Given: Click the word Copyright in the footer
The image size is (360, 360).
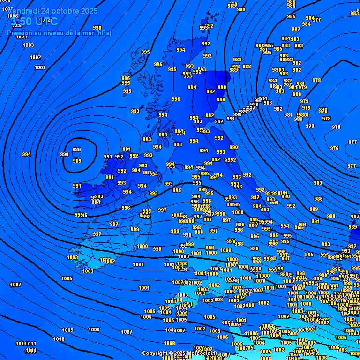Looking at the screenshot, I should coord(155,353).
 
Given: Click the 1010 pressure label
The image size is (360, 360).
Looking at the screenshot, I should coord(59,339).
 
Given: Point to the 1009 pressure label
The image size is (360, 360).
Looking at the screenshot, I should coord(68,330).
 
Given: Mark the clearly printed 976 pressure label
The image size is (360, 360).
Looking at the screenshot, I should coord(334,148).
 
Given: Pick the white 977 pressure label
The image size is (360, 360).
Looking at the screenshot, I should coord(352,166).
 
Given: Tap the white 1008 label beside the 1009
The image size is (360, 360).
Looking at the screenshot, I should coord(94,330).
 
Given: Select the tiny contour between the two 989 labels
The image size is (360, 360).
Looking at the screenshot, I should coord(76,156).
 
